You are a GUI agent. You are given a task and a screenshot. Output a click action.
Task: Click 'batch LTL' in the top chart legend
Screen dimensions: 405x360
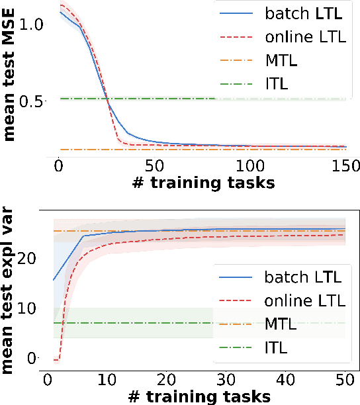pyautogui.click(x=306, y=13)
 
